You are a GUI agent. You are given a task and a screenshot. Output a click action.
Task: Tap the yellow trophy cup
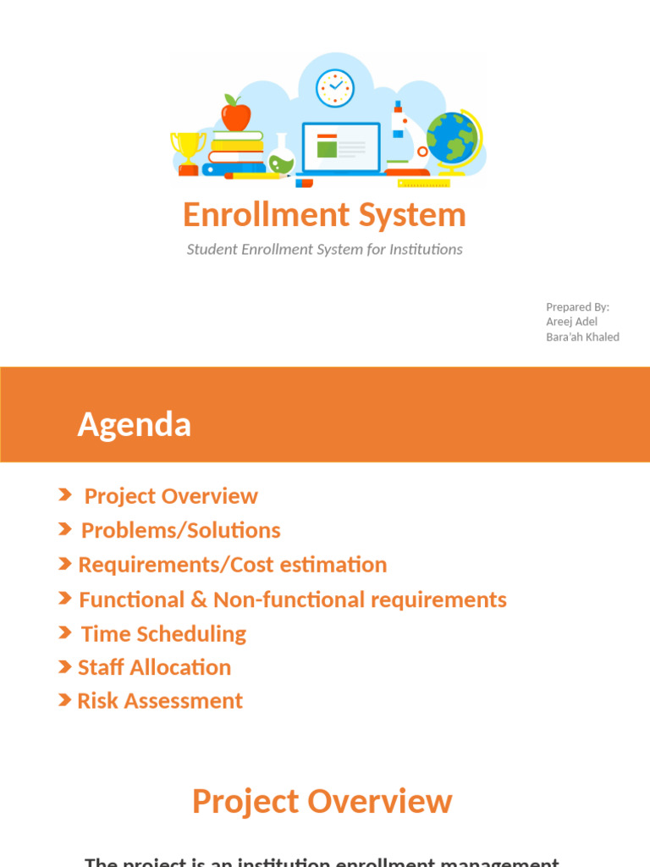[x=188, y=149]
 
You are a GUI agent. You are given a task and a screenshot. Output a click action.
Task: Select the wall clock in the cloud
[x=334, y=87]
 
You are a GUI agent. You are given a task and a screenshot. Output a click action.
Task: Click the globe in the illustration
[x=452, y=138]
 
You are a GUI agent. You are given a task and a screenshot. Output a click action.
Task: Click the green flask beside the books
[x=282, y=157]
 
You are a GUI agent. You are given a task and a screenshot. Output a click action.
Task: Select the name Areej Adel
[x=571, y=322]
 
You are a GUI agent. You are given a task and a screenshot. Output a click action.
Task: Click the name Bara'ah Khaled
[x=582, y=337]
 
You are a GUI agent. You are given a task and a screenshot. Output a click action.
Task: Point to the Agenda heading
[x=134, y=424]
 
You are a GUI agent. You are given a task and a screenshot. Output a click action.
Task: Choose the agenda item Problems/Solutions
[x=180, y=531]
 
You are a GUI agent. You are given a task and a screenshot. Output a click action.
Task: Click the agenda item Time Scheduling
[x=163, y=634]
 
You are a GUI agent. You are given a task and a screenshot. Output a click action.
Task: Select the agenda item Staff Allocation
[x=154, y=667]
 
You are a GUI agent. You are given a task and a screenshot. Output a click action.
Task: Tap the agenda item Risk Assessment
[x=160, y=701]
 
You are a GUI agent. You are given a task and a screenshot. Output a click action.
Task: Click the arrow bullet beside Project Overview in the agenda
[x=65, y=495]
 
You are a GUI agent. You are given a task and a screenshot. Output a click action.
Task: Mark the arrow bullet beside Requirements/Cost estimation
[x=65, y=564]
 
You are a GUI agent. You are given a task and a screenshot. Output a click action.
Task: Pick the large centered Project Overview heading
[x=322, y=801]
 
